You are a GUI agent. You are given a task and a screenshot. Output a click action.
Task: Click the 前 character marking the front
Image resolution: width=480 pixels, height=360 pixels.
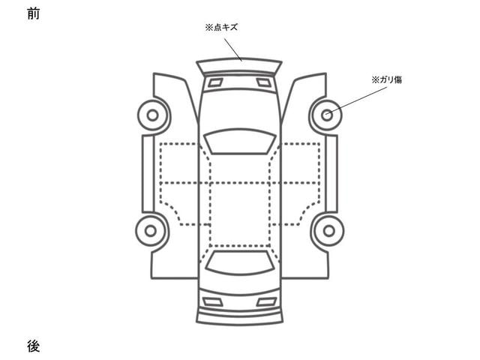pos(33,13)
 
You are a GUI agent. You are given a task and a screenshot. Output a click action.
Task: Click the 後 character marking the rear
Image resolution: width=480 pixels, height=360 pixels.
pos(33,346)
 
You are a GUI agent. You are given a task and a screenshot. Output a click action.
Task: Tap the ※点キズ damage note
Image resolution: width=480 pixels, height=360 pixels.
pos(221,28)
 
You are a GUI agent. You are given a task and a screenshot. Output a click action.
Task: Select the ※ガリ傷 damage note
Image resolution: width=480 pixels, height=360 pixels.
pos(387,80)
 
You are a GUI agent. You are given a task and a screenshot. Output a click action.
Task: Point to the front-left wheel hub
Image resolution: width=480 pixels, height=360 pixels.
pos(152,115)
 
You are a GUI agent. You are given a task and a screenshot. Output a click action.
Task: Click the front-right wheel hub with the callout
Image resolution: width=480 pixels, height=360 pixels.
pos(327,115)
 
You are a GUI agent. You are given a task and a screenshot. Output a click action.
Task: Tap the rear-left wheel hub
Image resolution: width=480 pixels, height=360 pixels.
pos(150,231)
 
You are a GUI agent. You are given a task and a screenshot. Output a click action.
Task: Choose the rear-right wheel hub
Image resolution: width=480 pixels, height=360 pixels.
pos(328,231)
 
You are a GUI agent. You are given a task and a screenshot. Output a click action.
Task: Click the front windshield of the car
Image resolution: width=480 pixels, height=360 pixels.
pos(240,141)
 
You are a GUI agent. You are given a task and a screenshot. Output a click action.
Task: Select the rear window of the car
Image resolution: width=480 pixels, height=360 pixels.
pos(239,262)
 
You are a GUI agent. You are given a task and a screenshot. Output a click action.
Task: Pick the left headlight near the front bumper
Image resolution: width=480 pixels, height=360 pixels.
pos(215,82)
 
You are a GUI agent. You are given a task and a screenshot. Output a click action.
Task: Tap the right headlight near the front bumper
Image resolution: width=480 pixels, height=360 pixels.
pos(263,82)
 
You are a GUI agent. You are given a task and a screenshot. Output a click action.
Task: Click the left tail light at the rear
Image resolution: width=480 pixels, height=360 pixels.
pos(213,302)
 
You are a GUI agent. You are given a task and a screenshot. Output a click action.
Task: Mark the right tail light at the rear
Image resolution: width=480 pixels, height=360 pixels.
pos(267,302)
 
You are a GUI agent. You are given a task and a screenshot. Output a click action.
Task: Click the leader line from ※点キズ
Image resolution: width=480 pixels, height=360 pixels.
pos(233,50)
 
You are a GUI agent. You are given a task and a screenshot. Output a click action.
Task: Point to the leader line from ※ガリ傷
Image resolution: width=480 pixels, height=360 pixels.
pos(357,100)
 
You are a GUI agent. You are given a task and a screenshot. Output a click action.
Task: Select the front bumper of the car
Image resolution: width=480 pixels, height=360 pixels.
pos(239,66)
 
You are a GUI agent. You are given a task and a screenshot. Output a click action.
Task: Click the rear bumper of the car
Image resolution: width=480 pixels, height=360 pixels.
pos(239,315)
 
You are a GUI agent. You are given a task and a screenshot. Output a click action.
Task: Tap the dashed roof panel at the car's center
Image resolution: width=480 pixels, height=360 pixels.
pos(240,214)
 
